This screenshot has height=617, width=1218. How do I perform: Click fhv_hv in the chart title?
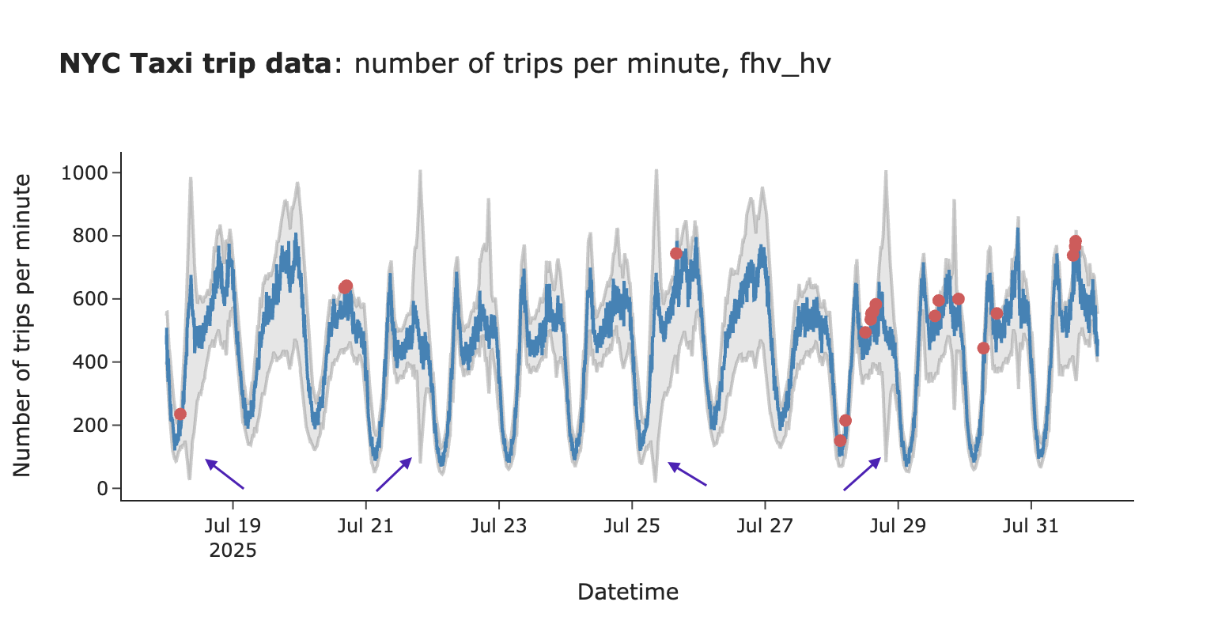pos(785,64)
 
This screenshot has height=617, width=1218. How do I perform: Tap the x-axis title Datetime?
pos(628,592)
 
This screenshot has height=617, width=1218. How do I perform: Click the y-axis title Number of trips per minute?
pos(23,325)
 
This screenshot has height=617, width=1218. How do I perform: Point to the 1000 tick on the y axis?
pos(86,173)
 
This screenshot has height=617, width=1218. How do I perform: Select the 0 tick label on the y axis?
pos(104,489)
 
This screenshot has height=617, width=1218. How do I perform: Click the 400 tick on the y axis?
pos(92,362)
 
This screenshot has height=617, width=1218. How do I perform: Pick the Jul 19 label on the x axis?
pos(233,526)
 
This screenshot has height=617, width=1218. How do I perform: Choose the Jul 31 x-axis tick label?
pos(1031,526)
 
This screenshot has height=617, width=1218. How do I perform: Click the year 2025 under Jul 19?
pos(233,550)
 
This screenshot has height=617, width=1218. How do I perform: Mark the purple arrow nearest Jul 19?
pos(225,474)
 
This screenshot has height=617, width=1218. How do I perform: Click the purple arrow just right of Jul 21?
pos(394,474)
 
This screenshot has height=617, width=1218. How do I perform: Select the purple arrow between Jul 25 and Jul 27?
pos(687,474)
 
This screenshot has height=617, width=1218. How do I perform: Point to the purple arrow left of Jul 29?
pos(862,474)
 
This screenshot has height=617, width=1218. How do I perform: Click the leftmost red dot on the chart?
pos(180,414)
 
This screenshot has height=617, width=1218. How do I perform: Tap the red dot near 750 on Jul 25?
pos(676,253)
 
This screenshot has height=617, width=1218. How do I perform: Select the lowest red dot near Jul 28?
pos(840,441)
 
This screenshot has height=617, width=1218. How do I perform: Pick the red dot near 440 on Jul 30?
pos(983,348)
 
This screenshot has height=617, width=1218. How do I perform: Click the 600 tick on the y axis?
pos(92,299)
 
